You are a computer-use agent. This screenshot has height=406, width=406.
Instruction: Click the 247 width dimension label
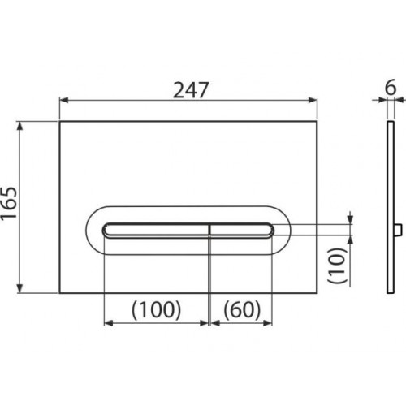pyautogui.click(x=191, y=90)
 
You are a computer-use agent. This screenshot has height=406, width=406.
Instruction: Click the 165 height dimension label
pyautogui.click(x=9, y=203)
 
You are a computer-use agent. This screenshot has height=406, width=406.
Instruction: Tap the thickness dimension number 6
pyautogui.click(x=391, y=87)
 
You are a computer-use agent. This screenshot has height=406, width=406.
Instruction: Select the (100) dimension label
pyautogui.click(x=156, y=310)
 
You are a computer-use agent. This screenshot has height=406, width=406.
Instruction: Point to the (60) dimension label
pyautogui.click(x=242, y=310)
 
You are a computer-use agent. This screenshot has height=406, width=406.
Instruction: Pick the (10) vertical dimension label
pyautogui.click(x=338, y=266)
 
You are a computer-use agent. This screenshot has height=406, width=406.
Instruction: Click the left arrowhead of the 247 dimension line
pyautogui.click(x=63, y=101)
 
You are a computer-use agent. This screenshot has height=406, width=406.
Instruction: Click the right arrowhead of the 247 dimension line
pyautogui.click(x=313, y=101)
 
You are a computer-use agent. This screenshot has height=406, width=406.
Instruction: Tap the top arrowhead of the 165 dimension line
pyautogui.click(x=19, y=126)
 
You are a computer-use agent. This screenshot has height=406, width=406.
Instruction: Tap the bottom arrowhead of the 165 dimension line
pyautogui.click(x=19, y=288)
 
